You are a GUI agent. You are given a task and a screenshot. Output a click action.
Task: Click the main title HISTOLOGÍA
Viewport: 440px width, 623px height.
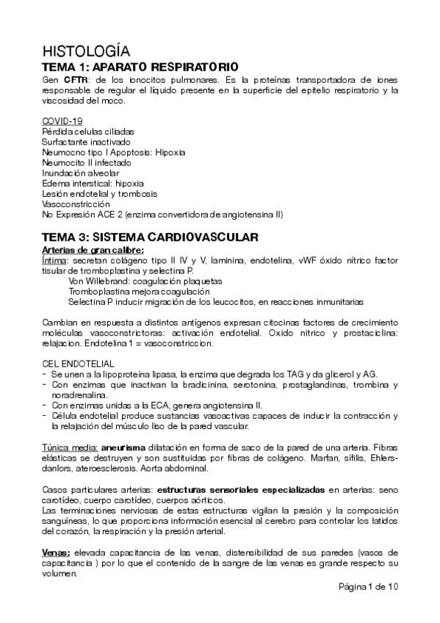point(87,51)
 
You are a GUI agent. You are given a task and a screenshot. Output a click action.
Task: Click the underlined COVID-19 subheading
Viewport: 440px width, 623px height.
point(62,120)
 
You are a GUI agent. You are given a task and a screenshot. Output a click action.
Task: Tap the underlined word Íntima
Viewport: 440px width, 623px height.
point(54,260)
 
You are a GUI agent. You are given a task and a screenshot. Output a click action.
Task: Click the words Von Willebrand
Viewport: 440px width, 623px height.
point(94,281)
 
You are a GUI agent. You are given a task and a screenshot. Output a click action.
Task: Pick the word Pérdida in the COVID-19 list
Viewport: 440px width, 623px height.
point(58,131)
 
